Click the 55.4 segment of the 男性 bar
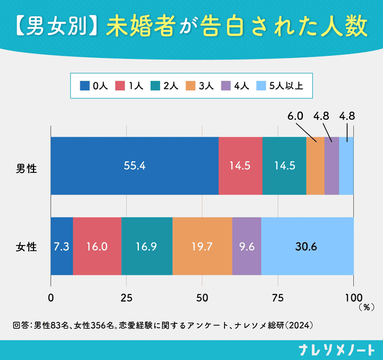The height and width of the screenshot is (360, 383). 135,166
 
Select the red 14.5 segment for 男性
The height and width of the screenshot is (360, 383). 240,166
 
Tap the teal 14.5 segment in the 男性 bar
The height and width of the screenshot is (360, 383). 284,166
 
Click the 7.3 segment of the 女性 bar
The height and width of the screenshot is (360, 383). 62,246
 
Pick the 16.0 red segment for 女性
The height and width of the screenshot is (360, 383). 97,246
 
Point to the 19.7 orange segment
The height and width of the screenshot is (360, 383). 202,246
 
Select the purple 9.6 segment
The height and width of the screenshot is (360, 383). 247,246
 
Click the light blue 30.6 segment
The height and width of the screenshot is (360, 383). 307,246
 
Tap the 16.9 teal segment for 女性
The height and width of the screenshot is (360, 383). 147,246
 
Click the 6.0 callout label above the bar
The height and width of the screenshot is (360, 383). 295,116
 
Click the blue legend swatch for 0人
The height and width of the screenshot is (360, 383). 85,86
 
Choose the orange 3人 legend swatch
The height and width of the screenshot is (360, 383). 190,86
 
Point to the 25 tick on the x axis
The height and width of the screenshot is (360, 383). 126,298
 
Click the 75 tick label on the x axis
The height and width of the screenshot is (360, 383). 278,298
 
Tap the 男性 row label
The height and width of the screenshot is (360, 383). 27,169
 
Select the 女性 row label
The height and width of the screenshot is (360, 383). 27,247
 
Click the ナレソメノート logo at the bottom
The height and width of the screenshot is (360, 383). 337,350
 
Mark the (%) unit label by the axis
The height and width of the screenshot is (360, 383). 367,307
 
